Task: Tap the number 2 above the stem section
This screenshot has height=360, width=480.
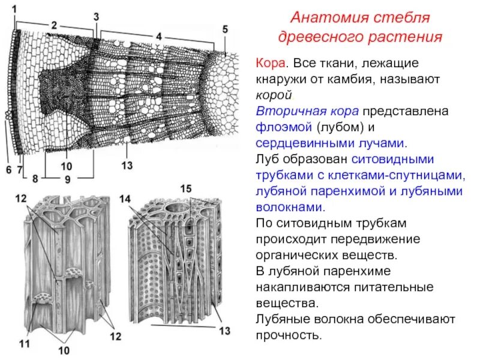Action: click(x=54, y=25)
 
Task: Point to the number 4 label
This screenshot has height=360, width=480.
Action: click(x=158, y=36)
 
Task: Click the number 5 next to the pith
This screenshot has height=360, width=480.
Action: click(x=225, y=29)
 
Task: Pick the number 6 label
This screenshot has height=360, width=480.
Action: click(x=8, y=170)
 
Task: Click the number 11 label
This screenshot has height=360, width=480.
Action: click(x=25, y=344)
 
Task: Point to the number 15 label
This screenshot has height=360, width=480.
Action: click(x=186, y=190)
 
